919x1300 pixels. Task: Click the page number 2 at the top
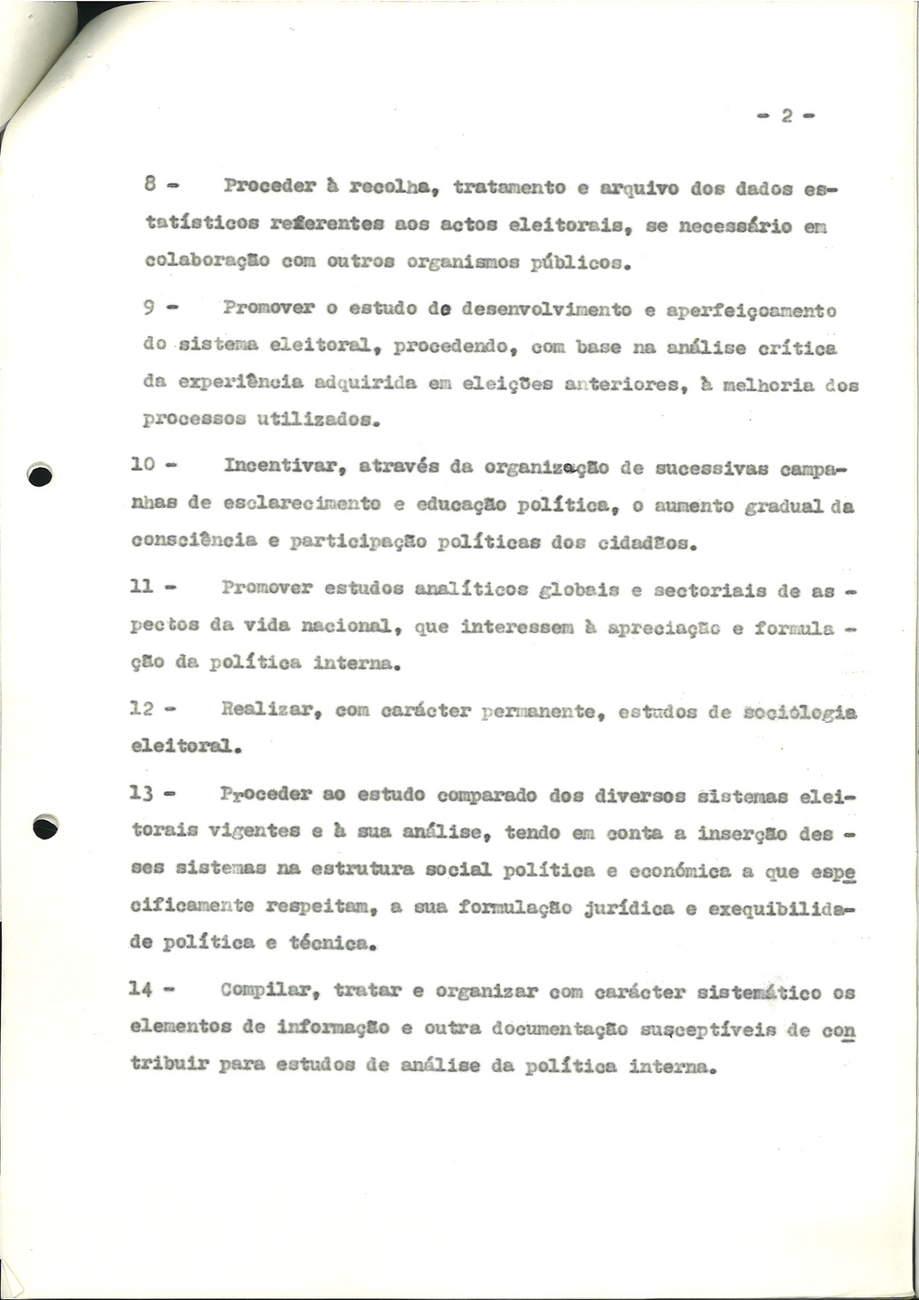click(x=787, y=117)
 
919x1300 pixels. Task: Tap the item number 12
click(x=142, y=709)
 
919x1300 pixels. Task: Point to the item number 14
click(x=141, y=989)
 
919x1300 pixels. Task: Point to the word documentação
click(x=560, y=1028)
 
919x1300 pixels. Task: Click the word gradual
click(x=784, y=506)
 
